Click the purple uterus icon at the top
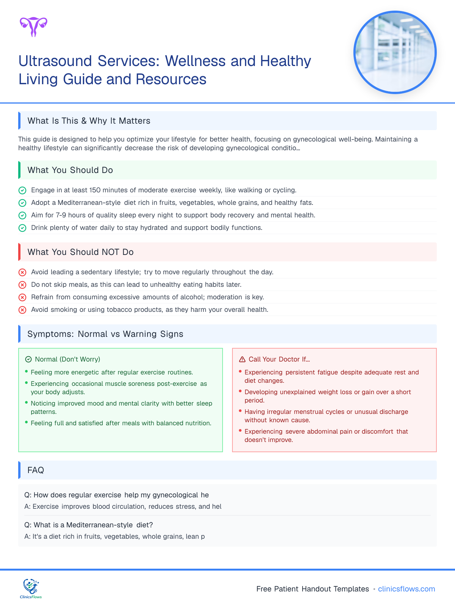pyautogui.click(x=33, y=27)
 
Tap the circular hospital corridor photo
pyautogui.click(x=395, y=52)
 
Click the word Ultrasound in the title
pyautogui.click(x=55, y=61)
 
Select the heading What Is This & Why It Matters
pyautogui.click(x=89, y=121)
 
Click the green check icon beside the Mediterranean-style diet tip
pyautogui.click(x=22, y=203)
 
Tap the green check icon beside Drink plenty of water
pyautogui.click(x=22, y=228)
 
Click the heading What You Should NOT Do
pyautogui.click(x=80, y=252)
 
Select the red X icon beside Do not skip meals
pyautogui.click(x=22, y=285)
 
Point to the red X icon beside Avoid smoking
pyautogui.click(x=22, y=310)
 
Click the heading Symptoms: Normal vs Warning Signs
pyautogui.click(x=105, y=334)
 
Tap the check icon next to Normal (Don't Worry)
pyautogui.click(x=28, y=359)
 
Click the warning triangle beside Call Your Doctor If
pyautogui.click(x=242, y=359)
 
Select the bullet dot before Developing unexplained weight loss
pyautogui.click(x=240, y=391)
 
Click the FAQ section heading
pyautogui.click(x=36, y=470)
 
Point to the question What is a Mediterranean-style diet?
pyautogui.click(x=88, y=525)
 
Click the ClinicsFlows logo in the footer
pyautogui.click(x=31, y=589)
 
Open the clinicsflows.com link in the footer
pyautogui.click(x=406, y=589)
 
